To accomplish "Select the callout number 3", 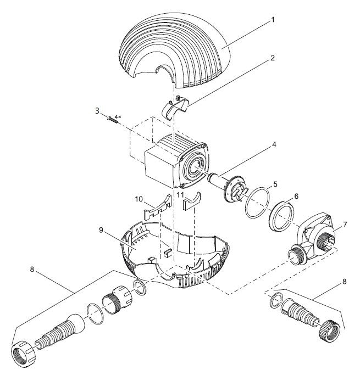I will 97,111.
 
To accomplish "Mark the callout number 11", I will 180,195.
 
